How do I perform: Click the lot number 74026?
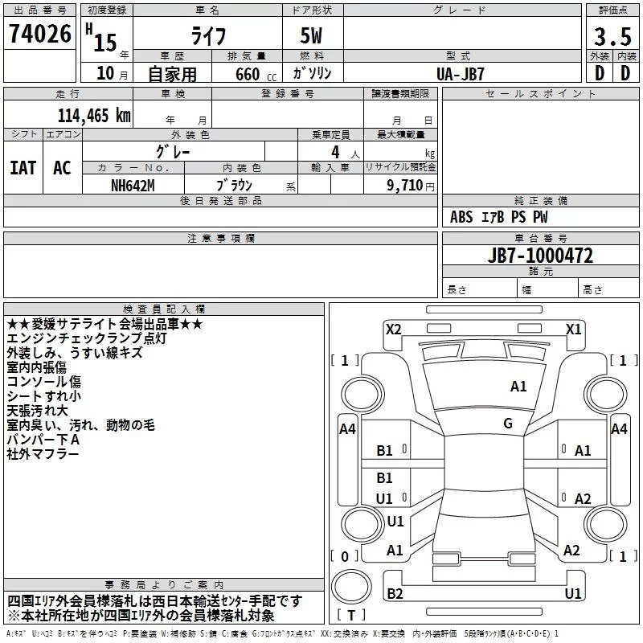click(x=40, y=35)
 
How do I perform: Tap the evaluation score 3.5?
click(x=612, y=37)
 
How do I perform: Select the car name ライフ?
click(x=207, y=35)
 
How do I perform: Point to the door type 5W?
click(x=313, y=35)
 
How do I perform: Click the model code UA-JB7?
click(x=461, y=73)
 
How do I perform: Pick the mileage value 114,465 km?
click(x=94, y=115)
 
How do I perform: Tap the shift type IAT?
click(x=23, y=167)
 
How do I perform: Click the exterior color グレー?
click(x=174, y=151)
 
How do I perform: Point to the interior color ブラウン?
click(x=235, y=185)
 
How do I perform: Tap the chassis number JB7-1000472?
click(x=540, y=256)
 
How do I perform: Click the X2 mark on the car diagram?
click(x=393, y=329)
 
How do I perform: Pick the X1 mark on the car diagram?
click(x=573, y=329)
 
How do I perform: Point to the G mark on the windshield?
click(x=508, y=424)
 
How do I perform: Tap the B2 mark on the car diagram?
click(x=395, y=593)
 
